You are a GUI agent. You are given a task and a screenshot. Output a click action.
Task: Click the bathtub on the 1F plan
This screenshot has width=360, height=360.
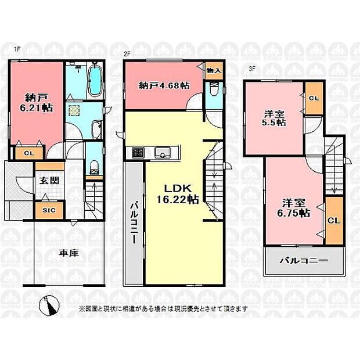[x=95, y=80]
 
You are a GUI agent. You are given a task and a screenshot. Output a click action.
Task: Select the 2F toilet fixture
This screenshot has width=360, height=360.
[x=214, y=89]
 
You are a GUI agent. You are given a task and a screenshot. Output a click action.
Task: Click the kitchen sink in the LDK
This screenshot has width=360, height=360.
[x=163, y=152]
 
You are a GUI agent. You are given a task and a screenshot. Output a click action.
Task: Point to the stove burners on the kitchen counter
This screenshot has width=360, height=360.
[x=138, y=153]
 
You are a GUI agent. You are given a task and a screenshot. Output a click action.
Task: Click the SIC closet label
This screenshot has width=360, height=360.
[x=49, y=210]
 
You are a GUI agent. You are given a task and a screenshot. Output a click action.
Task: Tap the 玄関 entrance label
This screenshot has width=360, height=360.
[x=49, y=181]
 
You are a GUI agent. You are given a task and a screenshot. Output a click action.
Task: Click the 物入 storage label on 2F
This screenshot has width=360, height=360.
[x=214, y=70]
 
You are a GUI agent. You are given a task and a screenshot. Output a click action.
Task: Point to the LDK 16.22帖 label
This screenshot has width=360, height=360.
[x=178, y=194]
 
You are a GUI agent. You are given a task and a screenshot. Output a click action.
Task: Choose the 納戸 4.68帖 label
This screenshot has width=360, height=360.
[x=164, y=85]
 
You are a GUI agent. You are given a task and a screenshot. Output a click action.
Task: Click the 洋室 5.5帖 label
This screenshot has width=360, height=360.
[x=274, y=118]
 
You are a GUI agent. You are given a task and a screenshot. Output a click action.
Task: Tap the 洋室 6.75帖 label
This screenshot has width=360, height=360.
[x=294, y=208]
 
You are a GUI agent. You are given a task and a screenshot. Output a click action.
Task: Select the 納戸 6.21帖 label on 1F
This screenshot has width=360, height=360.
[x=37, y=103]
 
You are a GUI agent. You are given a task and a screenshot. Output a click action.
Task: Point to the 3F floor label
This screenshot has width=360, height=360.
[x=252, y=69]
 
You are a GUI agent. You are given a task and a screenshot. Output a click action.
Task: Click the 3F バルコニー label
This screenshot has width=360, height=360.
[x=304, y=261]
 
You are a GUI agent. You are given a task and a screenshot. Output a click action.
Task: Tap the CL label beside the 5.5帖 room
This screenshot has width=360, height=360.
[x=314, y=99]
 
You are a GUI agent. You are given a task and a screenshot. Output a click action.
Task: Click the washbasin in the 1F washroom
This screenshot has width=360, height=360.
[x=96, y=129]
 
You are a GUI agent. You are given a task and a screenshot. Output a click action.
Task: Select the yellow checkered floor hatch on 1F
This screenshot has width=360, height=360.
[x=74, y=110]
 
